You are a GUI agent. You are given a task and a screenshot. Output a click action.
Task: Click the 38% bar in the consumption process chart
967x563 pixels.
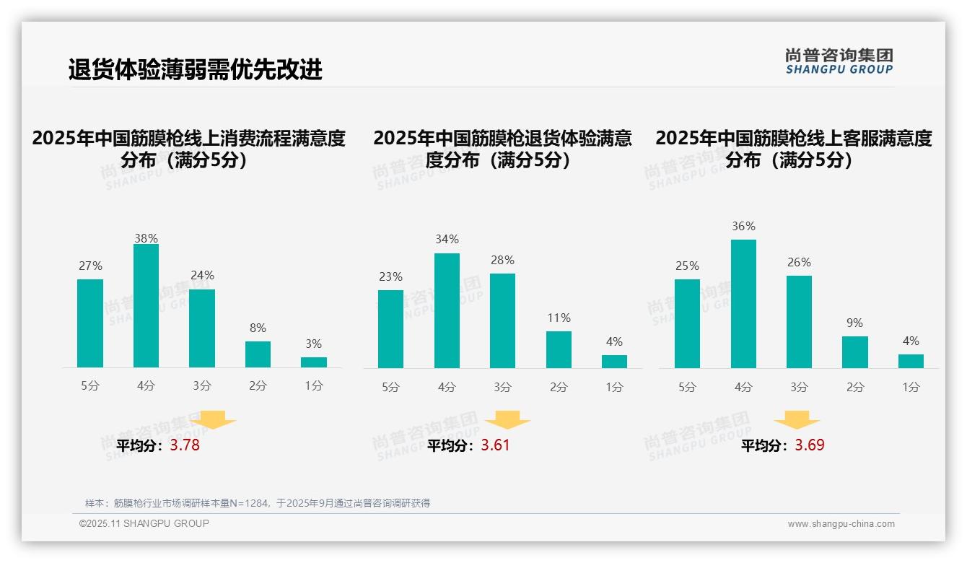tap(146, 306)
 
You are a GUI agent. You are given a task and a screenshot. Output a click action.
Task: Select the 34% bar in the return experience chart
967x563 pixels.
tap(447, 310)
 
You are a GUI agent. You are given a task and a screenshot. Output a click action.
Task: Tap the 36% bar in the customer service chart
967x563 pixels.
tap(743, 304)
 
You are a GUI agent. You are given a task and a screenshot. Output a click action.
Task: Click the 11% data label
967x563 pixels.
tap(559, 318)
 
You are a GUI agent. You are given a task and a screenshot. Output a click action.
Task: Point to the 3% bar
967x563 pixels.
tap(314, 362)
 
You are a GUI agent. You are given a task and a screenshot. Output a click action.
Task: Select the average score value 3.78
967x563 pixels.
tap(185, 445)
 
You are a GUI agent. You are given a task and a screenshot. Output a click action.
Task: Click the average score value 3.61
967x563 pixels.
tap(495, 445)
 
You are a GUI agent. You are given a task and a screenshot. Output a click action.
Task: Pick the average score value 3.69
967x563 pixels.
tap(810, 445)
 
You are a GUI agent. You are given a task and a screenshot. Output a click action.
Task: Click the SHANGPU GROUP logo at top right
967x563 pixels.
tap(839, 61)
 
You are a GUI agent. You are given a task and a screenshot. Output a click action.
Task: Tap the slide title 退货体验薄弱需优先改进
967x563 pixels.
tap(196, 70)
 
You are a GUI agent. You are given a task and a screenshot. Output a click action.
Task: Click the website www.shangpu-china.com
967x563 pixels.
tap(841, 524)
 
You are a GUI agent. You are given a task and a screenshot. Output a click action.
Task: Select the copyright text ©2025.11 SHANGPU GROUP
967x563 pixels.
tap(144, 523)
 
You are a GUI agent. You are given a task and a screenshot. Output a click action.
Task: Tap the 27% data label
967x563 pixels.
tap(90, 266)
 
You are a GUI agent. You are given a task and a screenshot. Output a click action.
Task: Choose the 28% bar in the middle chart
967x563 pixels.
tap(502, 320)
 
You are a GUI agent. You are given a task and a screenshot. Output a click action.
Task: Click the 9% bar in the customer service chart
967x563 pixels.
tap(855, 352)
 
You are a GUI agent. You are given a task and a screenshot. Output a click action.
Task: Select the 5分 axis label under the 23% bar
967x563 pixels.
tap(390, 388)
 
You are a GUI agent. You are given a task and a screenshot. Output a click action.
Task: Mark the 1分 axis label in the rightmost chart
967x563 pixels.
tap(911, 388)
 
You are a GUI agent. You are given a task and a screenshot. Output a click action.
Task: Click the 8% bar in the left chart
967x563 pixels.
tap(258, 354)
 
